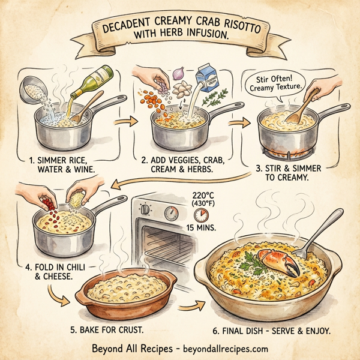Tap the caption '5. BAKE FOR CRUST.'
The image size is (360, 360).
click(x=112, y=329)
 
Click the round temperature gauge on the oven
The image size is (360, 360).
click(x=172, y=214)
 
